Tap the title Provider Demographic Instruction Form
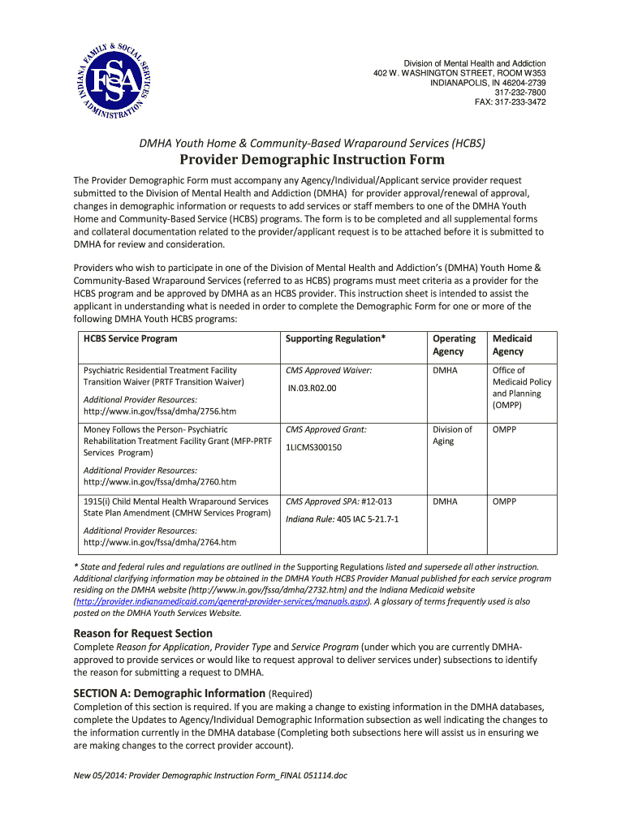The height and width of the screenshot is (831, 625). (312, 159)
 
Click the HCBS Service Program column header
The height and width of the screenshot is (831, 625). (130, 338)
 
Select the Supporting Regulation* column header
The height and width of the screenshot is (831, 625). (336, 338)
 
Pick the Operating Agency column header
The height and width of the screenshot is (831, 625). (454, 345)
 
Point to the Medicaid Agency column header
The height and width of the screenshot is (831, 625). (512, 345)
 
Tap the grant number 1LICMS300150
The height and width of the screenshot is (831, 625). (314, 447)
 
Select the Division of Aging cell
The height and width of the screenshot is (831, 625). (452, 435)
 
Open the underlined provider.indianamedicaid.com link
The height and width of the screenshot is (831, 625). (221, 602)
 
